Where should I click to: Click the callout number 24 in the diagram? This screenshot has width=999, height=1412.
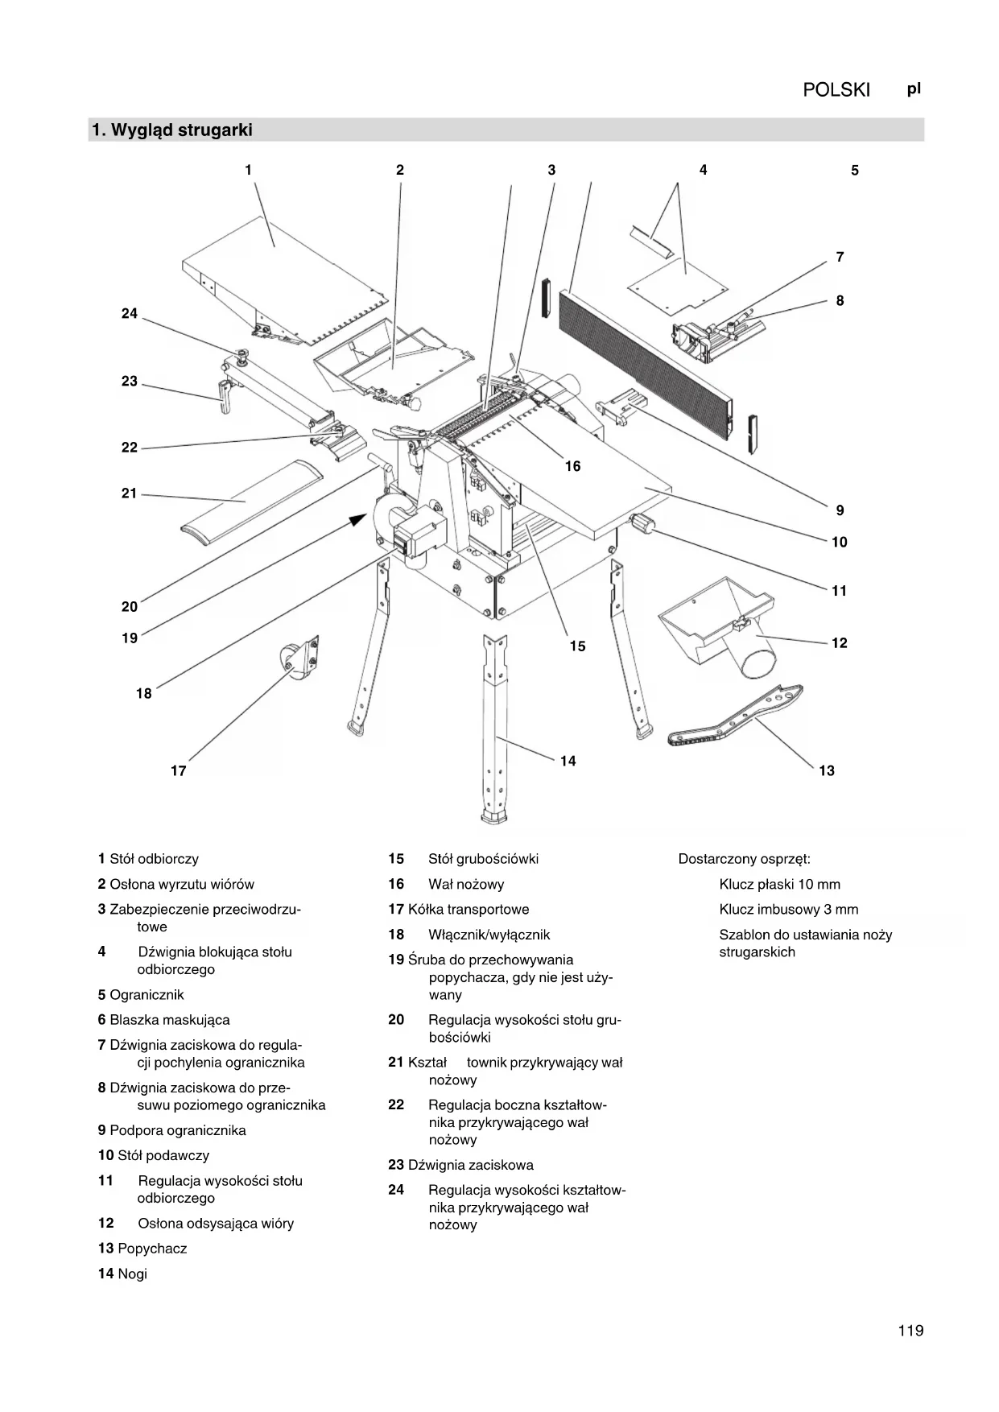pos(130,314)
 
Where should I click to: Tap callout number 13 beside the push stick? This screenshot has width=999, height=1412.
pos(827,771)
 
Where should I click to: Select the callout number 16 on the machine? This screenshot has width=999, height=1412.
pos(572,467)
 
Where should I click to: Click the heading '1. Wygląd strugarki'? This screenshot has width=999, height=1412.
pos(172,130)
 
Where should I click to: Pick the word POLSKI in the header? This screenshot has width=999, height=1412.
pos(836,90)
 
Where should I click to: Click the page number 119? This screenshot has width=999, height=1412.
pos(910,1331)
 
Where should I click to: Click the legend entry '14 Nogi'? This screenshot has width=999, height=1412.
pos(123,1274)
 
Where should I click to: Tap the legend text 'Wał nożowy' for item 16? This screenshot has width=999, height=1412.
pos(466,885)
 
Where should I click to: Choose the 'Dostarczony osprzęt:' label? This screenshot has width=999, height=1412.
pos(744,859)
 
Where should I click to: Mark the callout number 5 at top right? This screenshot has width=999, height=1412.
pos(855,171)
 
